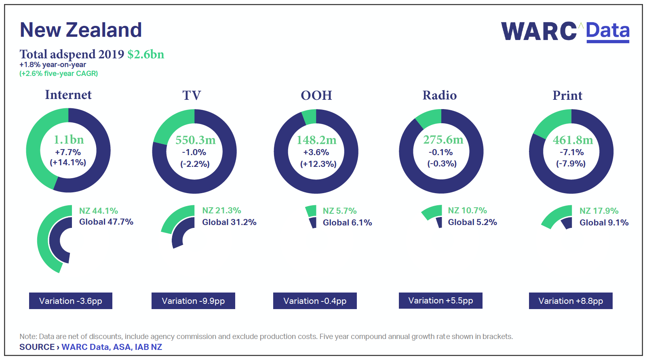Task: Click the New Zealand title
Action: (81, 30)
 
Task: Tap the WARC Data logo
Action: (565, 32)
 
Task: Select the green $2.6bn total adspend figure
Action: (146, 54)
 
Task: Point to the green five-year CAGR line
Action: (59, 74)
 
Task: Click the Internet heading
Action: (68, 95)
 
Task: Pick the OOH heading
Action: (316, 95)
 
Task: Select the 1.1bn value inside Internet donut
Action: (69, 140)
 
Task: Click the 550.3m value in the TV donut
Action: (196, 140)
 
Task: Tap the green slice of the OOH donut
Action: (310, 117)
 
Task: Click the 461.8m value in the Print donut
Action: (573, 140)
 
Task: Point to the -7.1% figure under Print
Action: (571, 152)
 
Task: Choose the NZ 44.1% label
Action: (99, 211)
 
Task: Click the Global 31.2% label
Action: (229, 222)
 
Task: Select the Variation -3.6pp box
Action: (70, 301)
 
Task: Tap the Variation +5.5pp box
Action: (440, 301)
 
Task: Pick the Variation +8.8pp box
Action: (571, 301)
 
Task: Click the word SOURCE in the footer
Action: (37, 347)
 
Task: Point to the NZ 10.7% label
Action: (467, 211)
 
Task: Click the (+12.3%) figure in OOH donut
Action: (318, 164)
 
